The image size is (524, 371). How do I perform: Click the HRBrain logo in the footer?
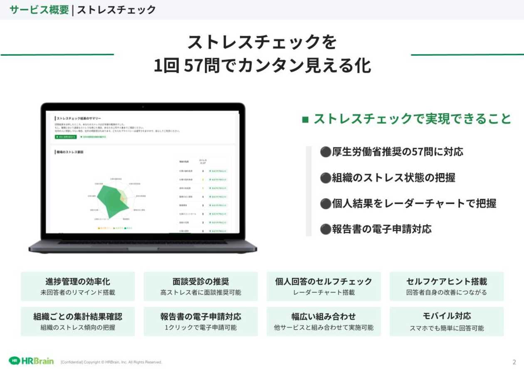(x=31, y=361)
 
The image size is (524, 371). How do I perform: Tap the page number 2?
(x=514, y=362)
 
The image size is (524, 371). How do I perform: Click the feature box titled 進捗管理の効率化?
(x=78, y=286)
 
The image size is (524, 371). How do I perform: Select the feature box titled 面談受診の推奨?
(x=200, y=286)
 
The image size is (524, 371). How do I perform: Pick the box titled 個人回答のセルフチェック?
(x=324, y=286)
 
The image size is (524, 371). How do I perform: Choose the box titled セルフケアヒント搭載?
(x=447, y=286)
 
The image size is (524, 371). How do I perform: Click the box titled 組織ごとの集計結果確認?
(x=78, y=322)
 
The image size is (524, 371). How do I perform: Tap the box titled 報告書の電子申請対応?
(x=200, y=322)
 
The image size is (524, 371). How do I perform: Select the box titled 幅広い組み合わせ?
(x=324, y=322)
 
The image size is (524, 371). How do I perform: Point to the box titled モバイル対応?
(x=447, y=322)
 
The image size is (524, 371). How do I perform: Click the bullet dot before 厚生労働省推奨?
(x=325, y=152)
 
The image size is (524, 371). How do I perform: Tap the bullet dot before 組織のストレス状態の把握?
(x=325, y=178)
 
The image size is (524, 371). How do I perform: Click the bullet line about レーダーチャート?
(x=408, y=203)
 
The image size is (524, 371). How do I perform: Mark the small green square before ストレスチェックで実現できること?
(x=305, y=119)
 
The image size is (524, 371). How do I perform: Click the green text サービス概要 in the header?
(x=39, y=10)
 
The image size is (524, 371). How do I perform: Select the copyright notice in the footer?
(x=111, y=362)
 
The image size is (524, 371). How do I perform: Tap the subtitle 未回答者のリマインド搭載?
(x=78, y=292)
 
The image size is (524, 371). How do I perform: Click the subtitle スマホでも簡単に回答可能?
(x=447, y=328)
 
